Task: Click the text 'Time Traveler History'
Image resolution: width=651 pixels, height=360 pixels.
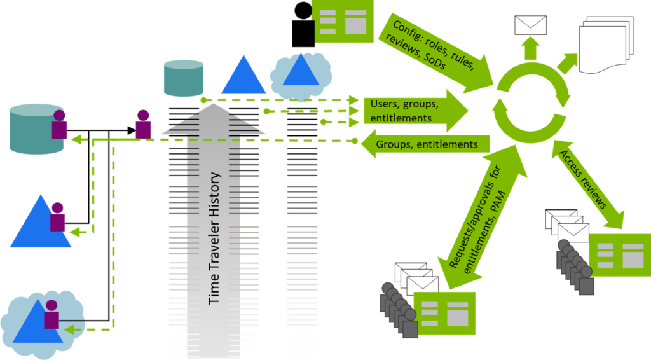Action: coord(215,237)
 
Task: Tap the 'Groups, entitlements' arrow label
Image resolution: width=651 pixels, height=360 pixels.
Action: coord(427,144)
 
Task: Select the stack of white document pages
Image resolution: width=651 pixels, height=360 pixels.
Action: coord(607,45)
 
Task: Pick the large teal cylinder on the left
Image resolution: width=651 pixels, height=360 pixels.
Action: coord(37,129)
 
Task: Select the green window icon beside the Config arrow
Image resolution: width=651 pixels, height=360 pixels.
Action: coord(344,21)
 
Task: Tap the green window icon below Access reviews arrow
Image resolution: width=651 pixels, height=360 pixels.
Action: coord(620,254)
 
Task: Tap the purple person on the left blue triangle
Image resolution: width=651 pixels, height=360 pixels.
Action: coord(58,218)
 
